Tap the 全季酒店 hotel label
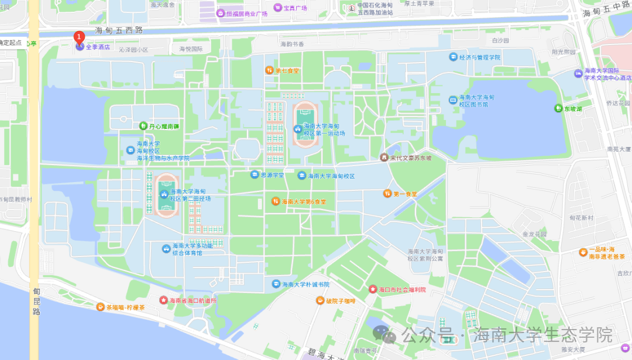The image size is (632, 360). click(98, 47)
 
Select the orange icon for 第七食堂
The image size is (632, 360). click(270, 70)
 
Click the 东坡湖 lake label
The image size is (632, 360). click(573, 108)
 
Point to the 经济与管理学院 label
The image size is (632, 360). click(480, 57)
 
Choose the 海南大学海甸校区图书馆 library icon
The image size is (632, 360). click(453, 100)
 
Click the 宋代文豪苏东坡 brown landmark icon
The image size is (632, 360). click(384, 157)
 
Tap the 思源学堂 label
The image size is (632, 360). click(272, 174)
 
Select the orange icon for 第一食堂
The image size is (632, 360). click(387, 193)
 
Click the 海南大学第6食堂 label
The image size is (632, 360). click(304, 201)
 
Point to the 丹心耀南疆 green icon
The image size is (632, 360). click(143, 125)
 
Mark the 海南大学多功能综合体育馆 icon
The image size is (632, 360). click(166, 249)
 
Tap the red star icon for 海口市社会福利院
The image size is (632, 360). click(372, 289)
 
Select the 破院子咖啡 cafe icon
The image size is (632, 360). click(320, 300)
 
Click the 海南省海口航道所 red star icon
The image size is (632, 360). click(163, 300)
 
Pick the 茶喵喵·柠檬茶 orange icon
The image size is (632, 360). click(101, 307)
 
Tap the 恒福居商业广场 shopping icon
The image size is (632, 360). click(221, 13)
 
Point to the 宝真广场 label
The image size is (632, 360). click(295, 8)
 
